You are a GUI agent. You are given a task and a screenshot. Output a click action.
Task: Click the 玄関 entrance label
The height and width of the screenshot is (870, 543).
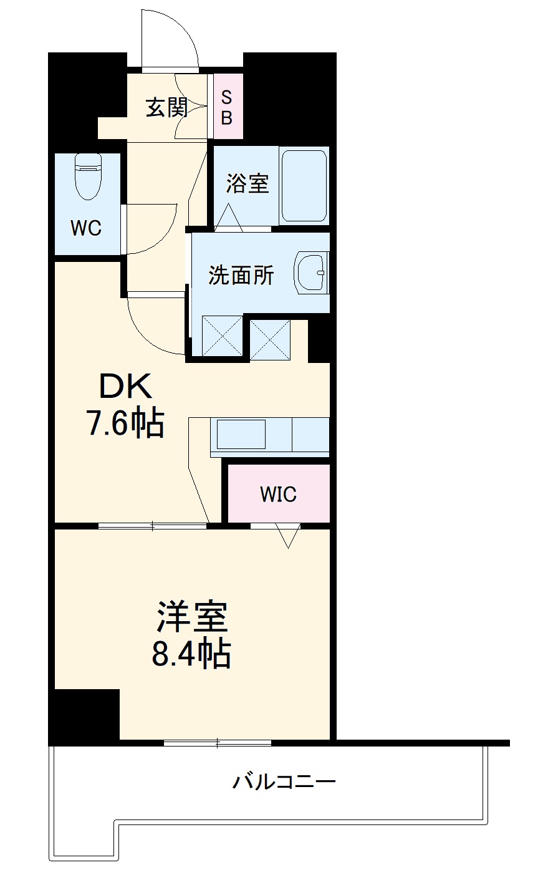tap(166, 108)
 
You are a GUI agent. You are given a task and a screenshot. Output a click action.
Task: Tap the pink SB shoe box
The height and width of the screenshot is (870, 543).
tap(228, 105)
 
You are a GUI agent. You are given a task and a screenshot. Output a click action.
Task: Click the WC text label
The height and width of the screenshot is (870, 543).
tap(86, 228)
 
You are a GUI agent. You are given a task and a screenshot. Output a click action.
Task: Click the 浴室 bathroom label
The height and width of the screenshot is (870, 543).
tap(247, 184)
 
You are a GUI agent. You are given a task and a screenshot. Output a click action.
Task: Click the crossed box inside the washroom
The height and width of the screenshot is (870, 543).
tap(223, 336)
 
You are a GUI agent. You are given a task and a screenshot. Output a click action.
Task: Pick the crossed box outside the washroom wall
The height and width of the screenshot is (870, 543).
tap(270, 339)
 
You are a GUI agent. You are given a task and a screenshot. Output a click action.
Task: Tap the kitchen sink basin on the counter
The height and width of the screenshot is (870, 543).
tap(241, 434)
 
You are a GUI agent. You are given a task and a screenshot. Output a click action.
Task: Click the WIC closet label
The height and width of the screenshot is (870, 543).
tap(278, 494)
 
